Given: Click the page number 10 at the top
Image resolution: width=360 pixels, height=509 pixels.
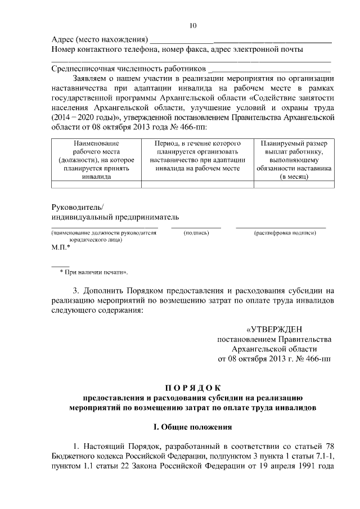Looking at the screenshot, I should click(x=193, y=26).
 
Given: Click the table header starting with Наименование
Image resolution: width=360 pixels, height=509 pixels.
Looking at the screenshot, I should click(x=96, y=160).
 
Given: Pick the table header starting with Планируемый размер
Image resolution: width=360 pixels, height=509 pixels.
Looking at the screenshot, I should click(x=294, y=160).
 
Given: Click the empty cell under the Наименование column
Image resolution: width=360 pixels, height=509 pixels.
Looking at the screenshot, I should click(x=96, y=183).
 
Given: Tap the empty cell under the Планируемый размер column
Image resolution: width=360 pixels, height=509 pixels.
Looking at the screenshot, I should click(x=294, y=183).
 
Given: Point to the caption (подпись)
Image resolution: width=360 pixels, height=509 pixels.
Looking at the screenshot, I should click(x=197, y=233).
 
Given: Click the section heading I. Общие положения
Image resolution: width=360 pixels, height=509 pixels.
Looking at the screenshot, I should click(x=193, y=427).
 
